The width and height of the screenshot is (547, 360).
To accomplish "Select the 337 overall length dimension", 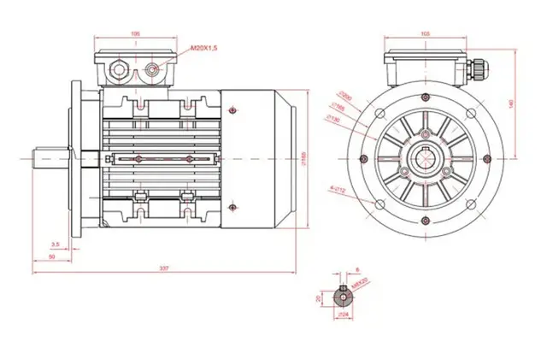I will [163, 269].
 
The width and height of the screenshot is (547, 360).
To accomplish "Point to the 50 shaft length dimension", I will [51, 257].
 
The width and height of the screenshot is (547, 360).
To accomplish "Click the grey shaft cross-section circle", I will [344, 296].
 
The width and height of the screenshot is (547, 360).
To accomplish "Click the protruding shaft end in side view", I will [48, 159].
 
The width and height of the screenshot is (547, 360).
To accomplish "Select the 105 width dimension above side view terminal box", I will [135, 34].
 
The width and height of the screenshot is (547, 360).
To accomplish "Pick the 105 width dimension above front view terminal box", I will [426, 34].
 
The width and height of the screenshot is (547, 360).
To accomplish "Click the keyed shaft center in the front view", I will [426, 158].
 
